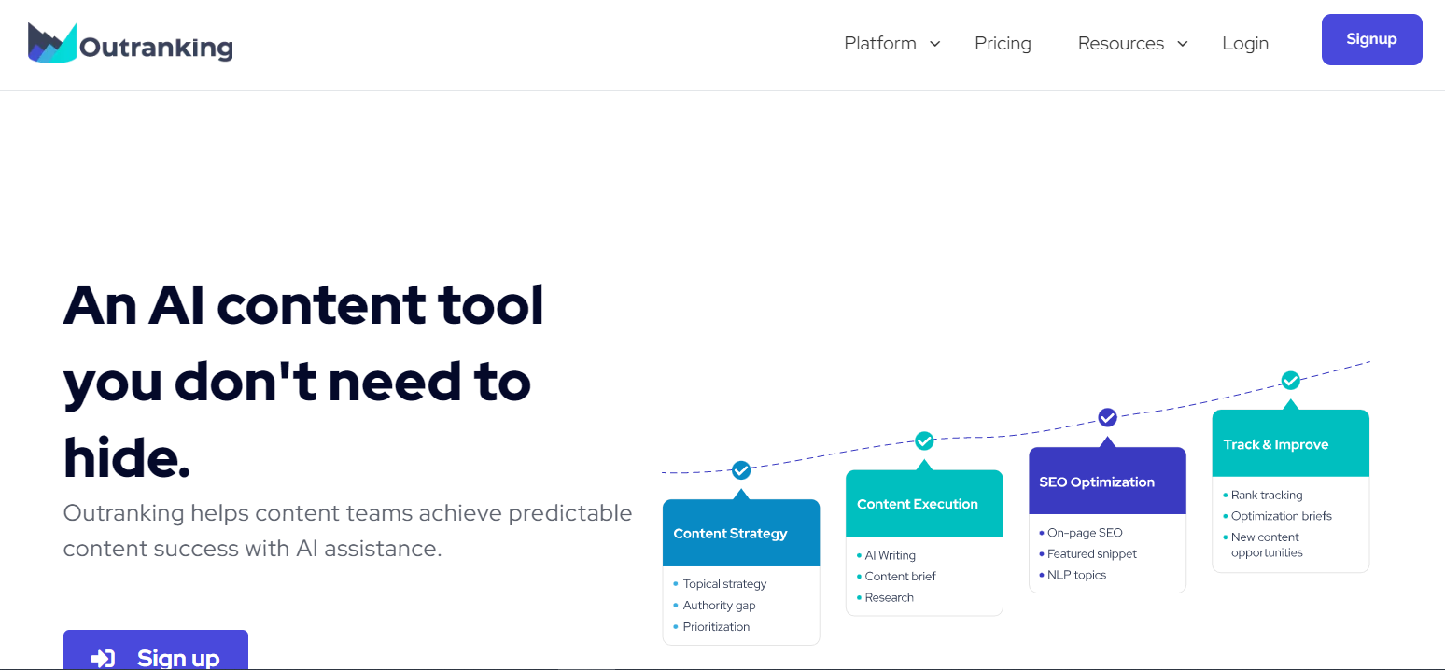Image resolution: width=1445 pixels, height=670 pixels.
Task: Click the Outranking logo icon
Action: (52, 43)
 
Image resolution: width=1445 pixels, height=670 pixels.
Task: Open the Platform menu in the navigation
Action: (892, 43)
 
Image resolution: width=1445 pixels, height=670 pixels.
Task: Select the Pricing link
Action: (1003, 43)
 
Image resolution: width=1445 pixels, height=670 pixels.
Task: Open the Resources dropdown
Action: (1133, 43)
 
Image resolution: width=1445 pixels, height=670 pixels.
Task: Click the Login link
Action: (1245, 43)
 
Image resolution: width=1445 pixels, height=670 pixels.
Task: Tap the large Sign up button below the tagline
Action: (156, 650)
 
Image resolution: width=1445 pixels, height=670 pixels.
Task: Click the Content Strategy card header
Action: (741, 533)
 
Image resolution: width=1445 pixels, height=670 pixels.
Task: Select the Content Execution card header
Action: (924, 504)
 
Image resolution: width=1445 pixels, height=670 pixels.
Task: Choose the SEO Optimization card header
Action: (1108, 482)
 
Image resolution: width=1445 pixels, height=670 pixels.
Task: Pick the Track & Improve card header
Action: (1291, 443)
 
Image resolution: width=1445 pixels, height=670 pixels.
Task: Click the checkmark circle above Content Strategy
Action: (741, 470)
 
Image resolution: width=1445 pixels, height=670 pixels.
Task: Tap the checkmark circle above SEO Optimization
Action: (1108, 418)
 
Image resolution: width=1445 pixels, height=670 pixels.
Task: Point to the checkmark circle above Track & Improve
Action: (1291, 381)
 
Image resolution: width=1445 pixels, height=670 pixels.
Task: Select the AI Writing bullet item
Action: (886, 555)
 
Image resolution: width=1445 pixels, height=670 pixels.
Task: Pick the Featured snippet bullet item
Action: (1087, 553)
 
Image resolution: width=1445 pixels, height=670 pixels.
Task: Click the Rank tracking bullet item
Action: (1262, 496)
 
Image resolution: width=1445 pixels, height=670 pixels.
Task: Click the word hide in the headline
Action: (126, 457)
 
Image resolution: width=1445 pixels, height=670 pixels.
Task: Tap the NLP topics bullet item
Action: (1073, 575)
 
